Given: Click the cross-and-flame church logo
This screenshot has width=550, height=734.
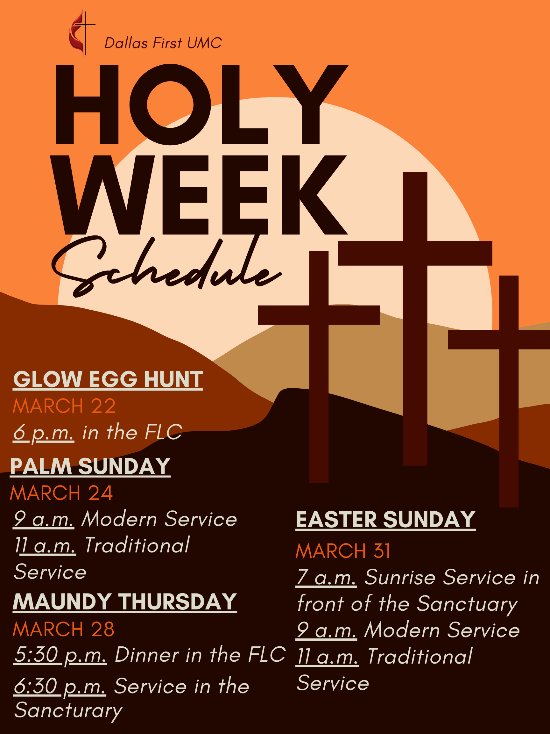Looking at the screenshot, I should (x=81, y=34).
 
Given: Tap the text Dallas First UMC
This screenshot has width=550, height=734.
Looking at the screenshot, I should (x=163, y=43).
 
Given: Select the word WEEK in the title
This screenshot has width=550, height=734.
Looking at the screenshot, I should (x=199, y=195).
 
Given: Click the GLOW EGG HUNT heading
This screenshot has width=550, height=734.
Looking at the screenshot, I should (x=108, y=379).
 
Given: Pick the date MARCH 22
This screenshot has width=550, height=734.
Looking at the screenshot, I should (x=64, y=406).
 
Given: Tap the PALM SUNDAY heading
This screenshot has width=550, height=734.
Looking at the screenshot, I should (x=90, y=466).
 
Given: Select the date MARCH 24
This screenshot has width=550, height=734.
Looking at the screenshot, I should (x=62, y=493).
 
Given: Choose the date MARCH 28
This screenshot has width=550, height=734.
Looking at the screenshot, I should (x=64, y=629).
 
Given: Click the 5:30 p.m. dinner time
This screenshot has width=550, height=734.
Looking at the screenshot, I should (x=60, y=655).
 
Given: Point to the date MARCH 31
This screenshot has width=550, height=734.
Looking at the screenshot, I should (x=343, y=551).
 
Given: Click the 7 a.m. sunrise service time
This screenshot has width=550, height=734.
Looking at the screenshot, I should (x=326, y=577).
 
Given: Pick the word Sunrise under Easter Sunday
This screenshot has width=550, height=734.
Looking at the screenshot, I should (x=400, y=577).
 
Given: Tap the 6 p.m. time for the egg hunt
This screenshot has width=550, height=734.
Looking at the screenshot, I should (x=43, y=433).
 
